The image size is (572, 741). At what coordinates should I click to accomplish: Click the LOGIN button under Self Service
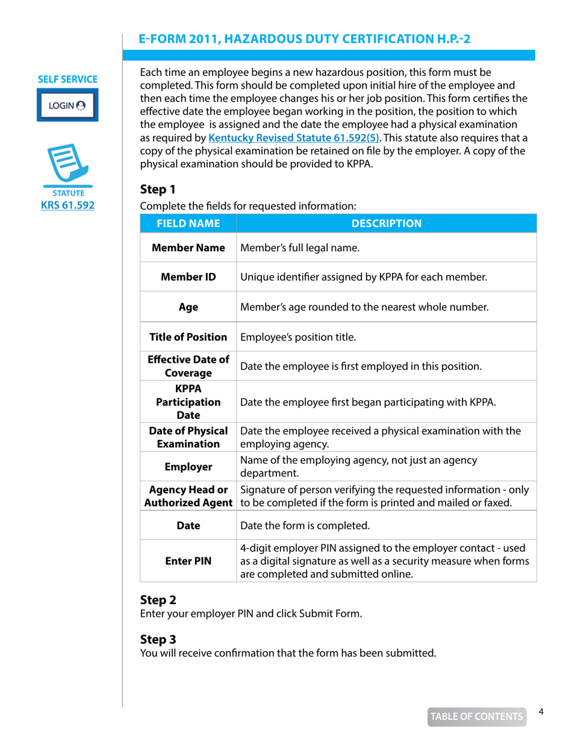pyautogui.click(x=67, y=104)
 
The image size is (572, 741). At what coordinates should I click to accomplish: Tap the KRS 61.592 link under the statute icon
pyautogui.click(x=67, y=205)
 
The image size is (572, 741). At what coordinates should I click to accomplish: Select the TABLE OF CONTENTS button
pyautogui.click(x=476, y=716)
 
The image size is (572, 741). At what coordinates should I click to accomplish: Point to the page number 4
pyautogui.click(x=541, y=712)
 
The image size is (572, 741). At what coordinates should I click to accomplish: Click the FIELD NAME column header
pyautogui.click(x=188, y=225)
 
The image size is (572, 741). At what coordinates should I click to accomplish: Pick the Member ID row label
pyautogui.click(x=188, y=277)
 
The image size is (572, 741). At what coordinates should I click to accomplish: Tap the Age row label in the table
pyautogui.click(x=188, y=307)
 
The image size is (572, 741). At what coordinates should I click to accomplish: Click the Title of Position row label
pyautogui.click(x=188, y=336)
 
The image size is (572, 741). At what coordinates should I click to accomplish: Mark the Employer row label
pyautogui.click(x=188, y=466)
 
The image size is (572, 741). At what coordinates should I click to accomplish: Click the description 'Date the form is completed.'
pyautogui.click(x=305, y=525)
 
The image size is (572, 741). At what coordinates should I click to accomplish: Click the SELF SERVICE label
pyautogui.click(x=67, y=79)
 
